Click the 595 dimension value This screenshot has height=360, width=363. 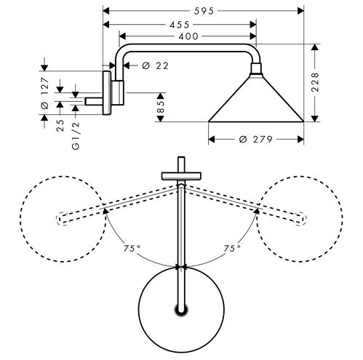tap(204, 11)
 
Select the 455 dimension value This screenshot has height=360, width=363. tap(180, 25)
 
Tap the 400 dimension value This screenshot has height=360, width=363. tap(188, 36)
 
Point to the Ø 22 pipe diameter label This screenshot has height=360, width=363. tap(155, 65)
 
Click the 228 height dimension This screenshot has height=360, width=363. tap(314, 82)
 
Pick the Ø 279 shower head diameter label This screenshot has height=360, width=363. tap(255, 140)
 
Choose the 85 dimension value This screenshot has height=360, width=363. tap(161, 107)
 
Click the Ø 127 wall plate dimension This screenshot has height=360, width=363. tap(44, 93)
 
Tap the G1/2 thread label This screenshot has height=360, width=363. tap(76, 136)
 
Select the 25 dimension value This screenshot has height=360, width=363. tap(60, 125)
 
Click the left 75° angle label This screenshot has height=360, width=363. tap(132, 248)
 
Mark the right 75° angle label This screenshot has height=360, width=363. tap(232, 248)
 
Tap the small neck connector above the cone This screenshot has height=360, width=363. tap(256, 68)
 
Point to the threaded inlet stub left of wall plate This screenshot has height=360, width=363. tap(94, 102)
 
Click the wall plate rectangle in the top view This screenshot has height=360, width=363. tap(181, 176)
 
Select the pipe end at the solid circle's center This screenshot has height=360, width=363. tap(181, 310)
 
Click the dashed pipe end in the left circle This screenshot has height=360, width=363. tap(62, 218)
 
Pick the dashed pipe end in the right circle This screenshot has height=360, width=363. tap(301, 218)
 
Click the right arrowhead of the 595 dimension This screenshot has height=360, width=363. tap(300, 11)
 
